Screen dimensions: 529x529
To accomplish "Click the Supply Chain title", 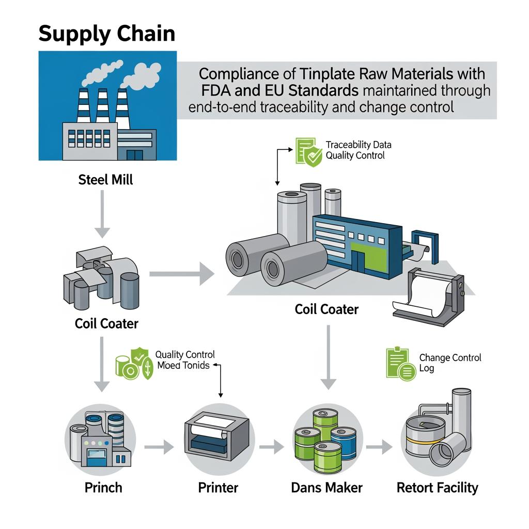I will pos(106,34).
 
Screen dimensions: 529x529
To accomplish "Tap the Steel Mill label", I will pos(105,180).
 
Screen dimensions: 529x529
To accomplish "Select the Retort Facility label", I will pos(437,487).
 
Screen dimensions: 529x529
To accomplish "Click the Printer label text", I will pos(217,487).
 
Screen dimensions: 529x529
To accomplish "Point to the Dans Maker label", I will pos(326,487).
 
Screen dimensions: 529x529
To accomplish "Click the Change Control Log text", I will pos(449,363).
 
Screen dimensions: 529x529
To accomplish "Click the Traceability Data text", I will pos(359,145).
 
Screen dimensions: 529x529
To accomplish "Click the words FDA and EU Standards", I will pos(279,91).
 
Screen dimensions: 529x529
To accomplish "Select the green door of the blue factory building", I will pos(364,258).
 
